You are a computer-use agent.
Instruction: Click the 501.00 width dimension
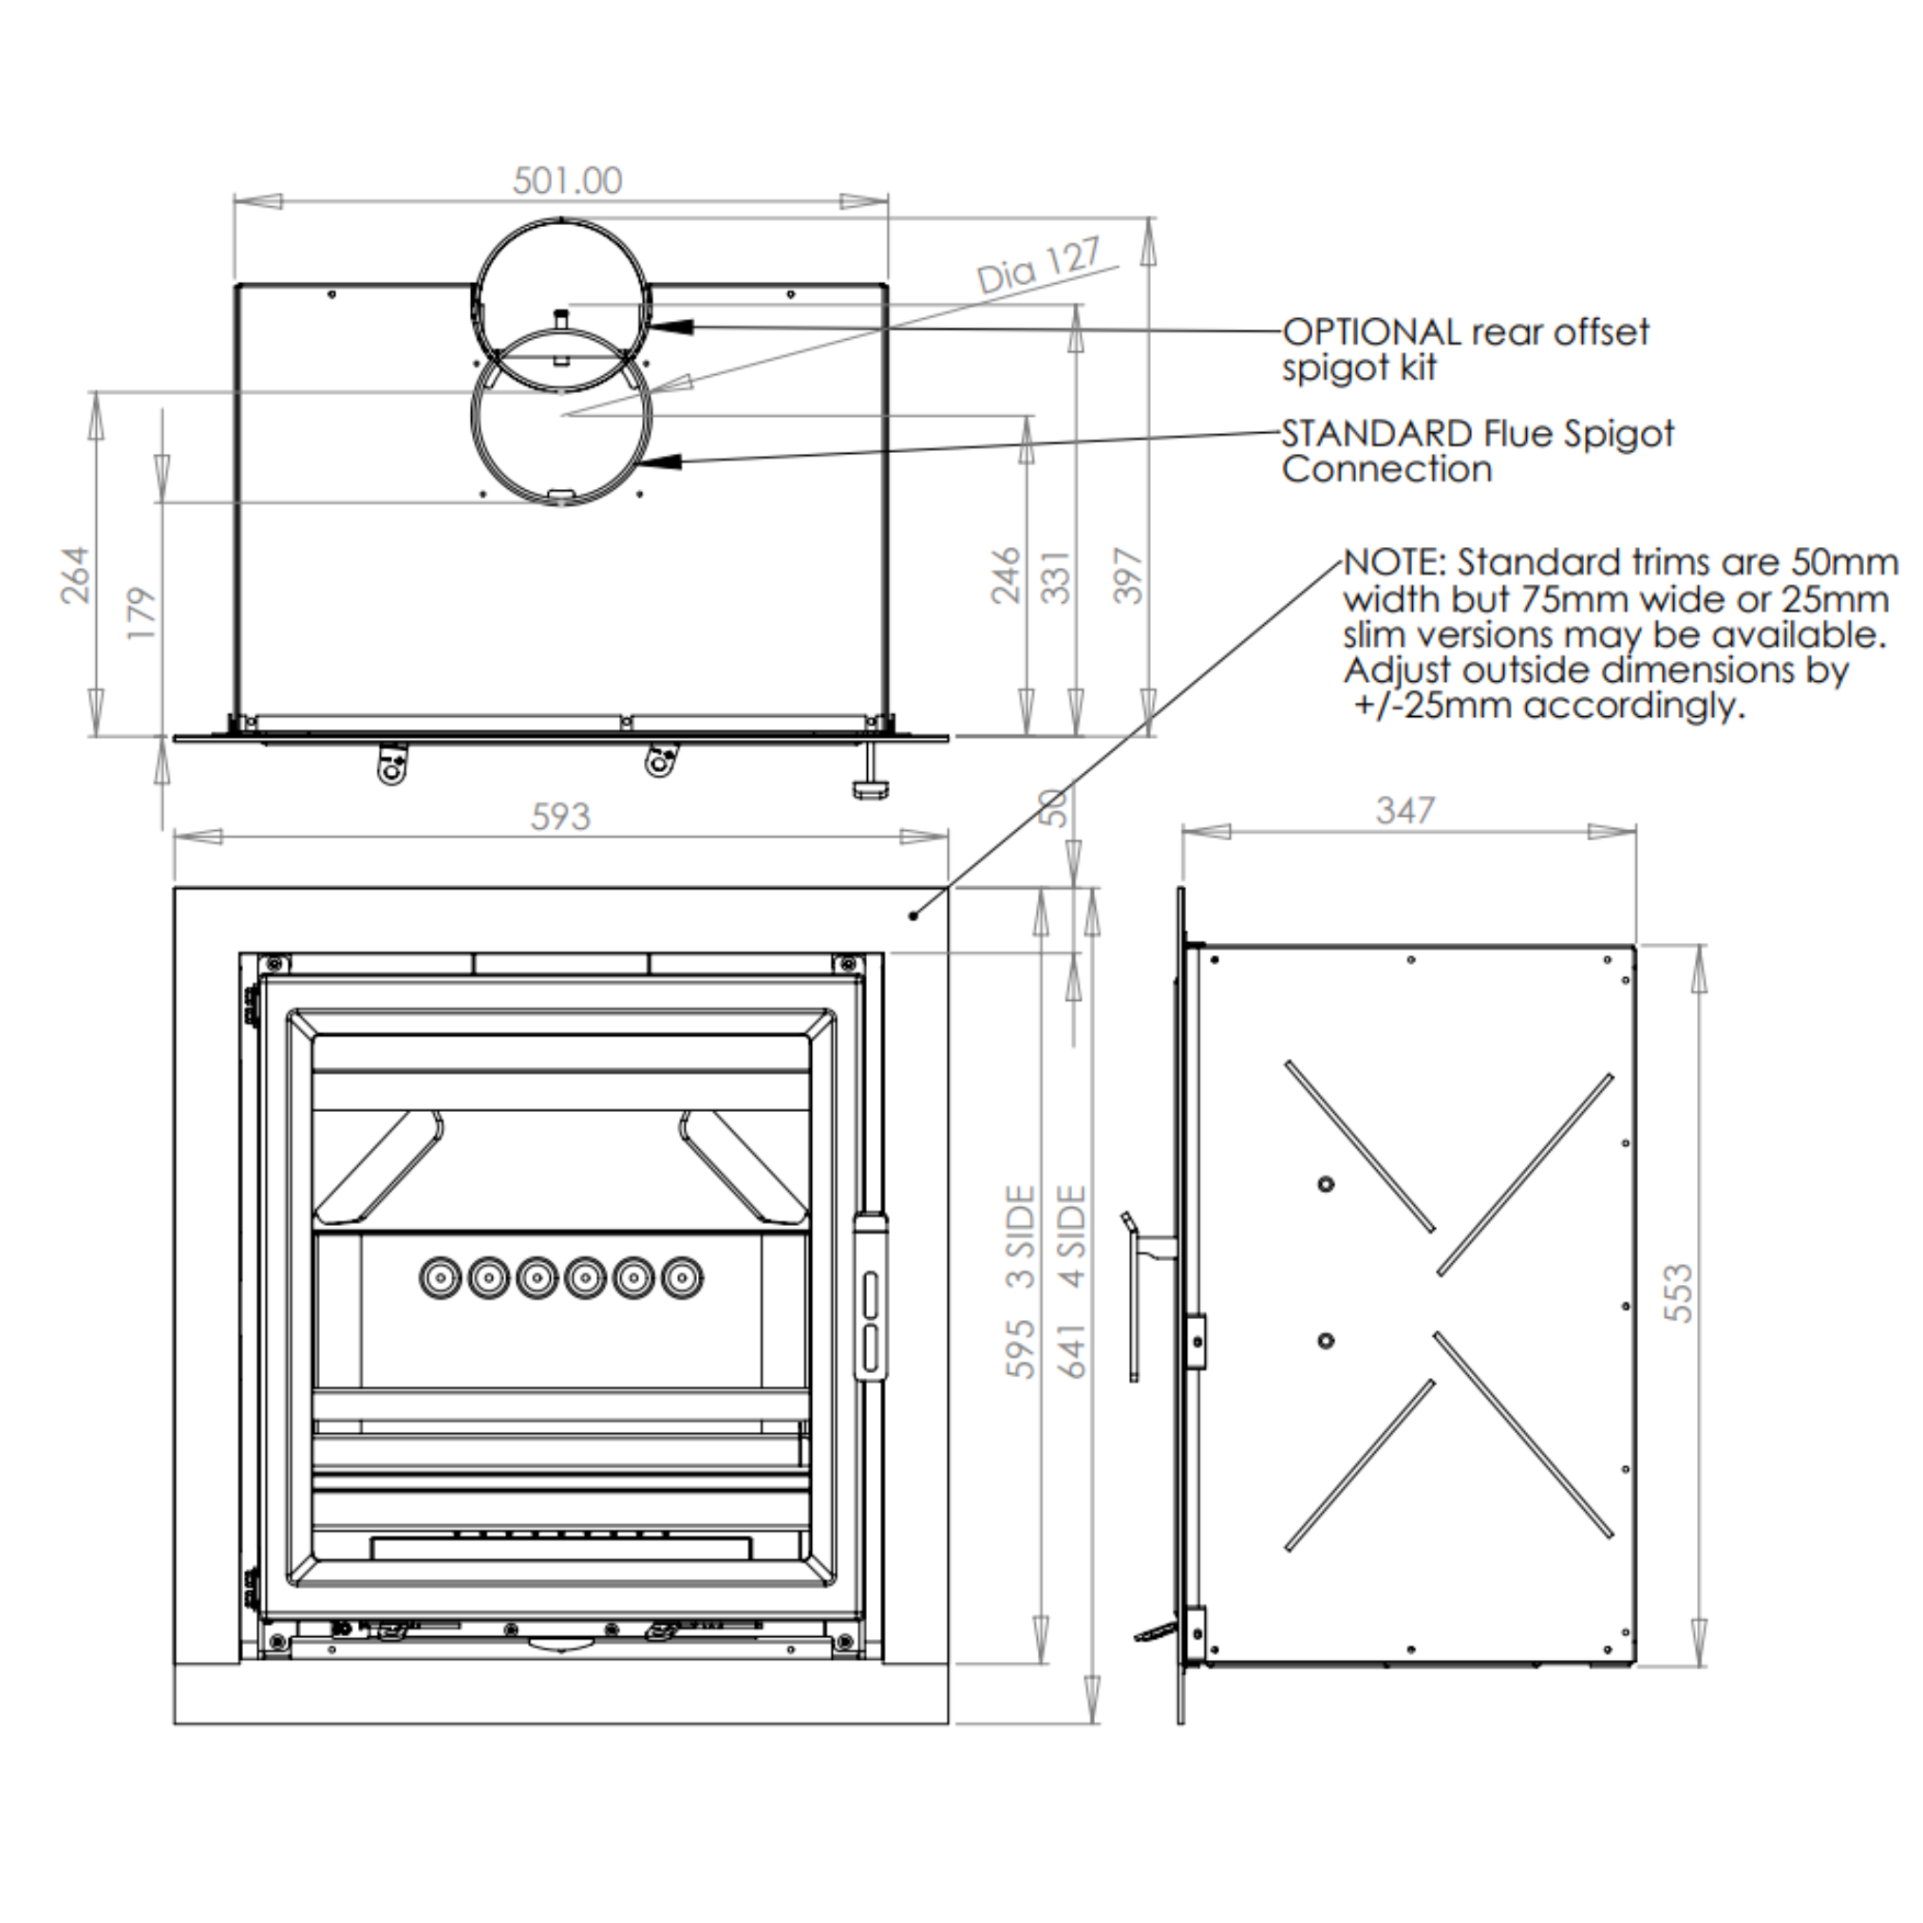(567, 180)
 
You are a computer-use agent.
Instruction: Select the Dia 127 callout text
(1039, 265)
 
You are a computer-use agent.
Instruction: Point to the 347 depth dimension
(1405, 811)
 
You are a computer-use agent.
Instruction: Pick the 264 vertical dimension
(76, 575)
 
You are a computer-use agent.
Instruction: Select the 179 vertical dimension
(143, 613)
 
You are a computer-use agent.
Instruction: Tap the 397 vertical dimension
(1128, 575)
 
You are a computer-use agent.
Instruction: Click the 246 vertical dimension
(1007, 575)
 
